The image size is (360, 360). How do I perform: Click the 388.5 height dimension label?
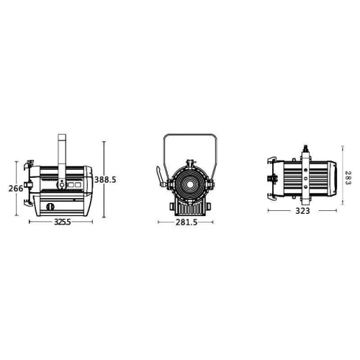(105, 179)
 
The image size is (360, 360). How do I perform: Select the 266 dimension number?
(16, 189)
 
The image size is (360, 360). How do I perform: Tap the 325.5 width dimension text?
(63, 222)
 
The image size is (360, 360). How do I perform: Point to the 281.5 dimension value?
(186, 222)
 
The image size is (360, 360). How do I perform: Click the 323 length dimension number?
(302, 211)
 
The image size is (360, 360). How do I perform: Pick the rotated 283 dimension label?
(348, 178)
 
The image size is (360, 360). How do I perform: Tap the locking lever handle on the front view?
(160, 176)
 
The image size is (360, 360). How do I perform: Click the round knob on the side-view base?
(50, 207)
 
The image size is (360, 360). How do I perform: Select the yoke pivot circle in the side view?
(62, 184)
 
